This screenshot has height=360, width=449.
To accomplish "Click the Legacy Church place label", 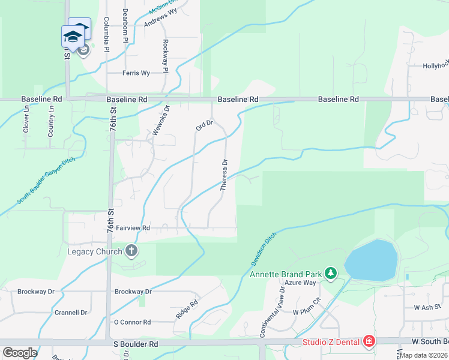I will pos(95,251).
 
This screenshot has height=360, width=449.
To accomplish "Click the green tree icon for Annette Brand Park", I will pos(330,274).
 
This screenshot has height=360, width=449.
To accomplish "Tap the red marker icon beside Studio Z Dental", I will pos(369,342).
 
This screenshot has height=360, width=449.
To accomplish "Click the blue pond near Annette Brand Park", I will pos(372,260).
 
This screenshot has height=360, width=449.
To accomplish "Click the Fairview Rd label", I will pos(133,228).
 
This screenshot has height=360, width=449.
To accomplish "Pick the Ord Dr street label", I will pos(205,125).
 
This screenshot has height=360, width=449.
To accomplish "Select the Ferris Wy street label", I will pos(136,73).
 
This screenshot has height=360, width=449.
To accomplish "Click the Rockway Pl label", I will pos(165,54).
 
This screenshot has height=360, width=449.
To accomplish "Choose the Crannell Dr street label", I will pos(71,313).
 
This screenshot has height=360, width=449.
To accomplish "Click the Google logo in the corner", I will pos(20,353).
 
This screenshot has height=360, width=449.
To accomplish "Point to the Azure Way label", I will pos(300,282).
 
